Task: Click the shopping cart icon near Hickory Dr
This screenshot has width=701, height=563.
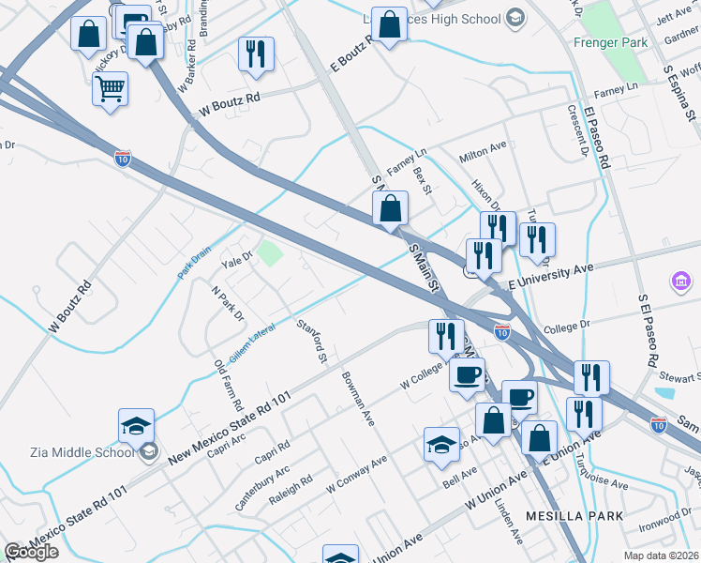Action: click(x=111, y=90)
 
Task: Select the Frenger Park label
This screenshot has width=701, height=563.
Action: click(x=611, y=42)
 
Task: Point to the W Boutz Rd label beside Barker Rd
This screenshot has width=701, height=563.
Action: click(x=229, y=106)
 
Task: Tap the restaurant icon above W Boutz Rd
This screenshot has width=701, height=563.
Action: click(x=256, y=53)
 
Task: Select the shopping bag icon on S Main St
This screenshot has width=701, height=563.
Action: click(x=391, y=209)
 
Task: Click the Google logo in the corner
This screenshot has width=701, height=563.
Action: click(x=31, y=553)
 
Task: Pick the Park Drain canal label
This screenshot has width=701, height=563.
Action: click(x=195, y=263)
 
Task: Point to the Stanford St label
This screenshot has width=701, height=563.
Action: click(x=311, y=342)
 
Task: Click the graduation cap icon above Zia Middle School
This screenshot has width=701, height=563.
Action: click(x=137, y=425)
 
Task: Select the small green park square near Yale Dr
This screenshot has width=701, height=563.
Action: click(x=270, y=253)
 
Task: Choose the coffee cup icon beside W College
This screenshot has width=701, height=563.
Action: click(x=468, y=376)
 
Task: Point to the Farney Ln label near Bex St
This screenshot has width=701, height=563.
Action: click(x=407, y=152)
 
